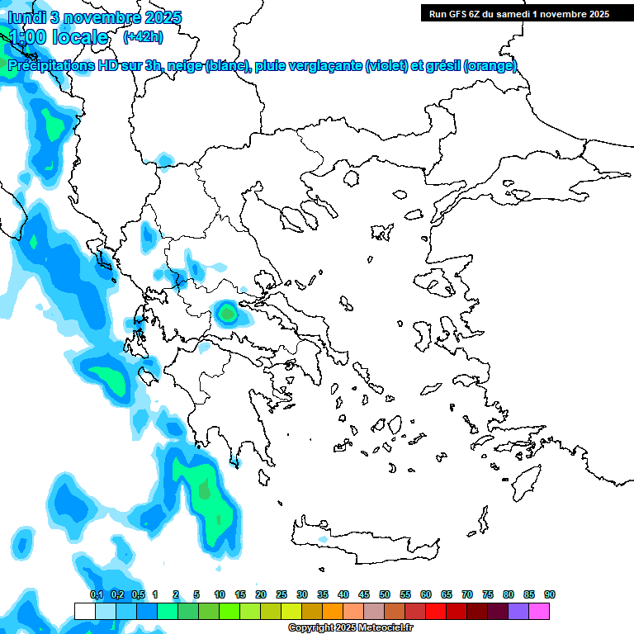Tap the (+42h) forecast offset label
[x=143, y=36]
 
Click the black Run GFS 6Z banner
[x=515, y=13]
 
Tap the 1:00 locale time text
[x=58, y=37]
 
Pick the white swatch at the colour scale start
[x=84, y=611]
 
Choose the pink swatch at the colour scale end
[x=539, y=611]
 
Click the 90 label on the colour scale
[x=550, y=594]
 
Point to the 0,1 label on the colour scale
[x=96, y=594]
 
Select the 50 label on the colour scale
[x=385, y=594]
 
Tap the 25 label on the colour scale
[x=282, y=594]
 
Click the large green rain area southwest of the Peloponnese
[x=206, y=495]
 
